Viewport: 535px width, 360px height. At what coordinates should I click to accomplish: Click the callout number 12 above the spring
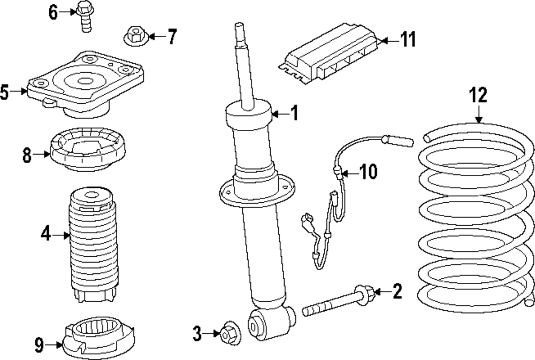click(x=478, y=96)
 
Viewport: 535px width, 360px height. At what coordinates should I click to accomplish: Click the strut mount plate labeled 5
click(x=86, y=86)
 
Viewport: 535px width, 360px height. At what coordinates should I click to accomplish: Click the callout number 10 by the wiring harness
click(x=368, y=172)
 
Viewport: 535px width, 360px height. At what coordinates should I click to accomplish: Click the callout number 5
click(x=5, y=93)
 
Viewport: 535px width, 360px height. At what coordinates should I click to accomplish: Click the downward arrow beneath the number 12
click(x=478, y=114)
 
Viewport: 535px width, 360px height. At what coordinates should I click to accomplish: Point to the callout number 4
click(x=45, y=234)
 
